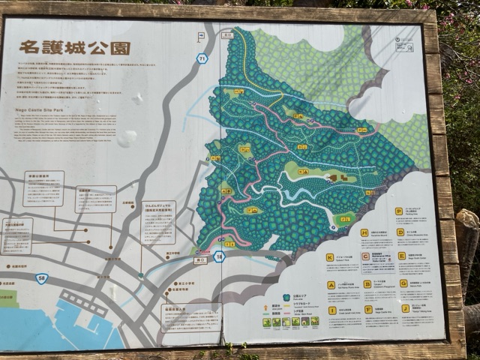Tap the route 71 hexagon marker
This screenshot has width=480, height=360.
pyautogui.click(x=202, y=58)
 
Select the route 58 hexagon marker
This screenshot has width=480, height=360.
pyautogui.click(x=42, y=278)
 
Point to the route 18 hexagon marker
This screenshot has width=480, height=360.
pyautogui.click(x=219, y=256)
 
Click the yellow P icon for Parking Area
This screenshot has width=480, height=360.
pyautogui.click(x=399, y=211)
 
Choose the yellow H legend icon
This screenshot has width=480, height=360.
pyautogui.click(x=364, y=233)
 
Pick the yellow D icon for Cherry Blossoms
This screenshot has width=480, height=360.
pyautogui.click(x=400, y=232)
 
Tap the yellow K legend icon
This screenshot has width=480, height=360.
pyautogui.click(x=329, y=257)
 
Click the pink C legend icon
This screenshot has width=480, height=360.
pyautogui.click(x=365, y=256)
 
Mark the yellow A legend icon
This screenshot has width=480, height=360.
pyautogui.click(x=330, y=285)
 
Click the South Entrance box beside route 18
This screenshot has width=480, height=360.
pyautogui.click(x=199, y=260)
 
